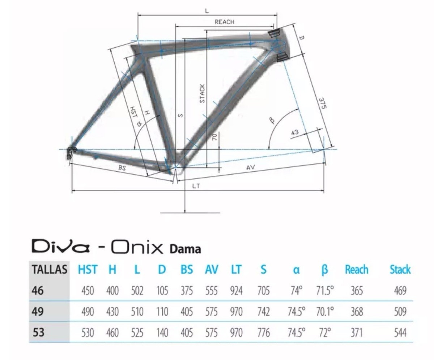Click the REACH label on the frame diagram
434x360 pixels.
click(x=224, y=22)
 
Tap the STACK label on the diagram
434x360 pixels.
click(x=202, y=94)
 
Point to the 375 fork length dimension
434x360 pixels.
click(x=323, y=103)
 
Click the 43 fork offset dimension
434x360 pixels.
click(x=295, y=132)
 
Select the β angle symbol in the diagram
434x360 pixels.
click(x=272, y=120)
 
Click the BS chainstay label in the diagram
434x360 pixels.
click(x=122, y=167)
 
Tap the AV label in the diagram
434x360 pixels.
click(x=251, y=167)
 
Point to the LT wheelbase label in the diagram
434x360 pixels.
click(x=196, y=186)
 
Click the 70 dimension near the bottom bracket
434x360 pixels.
click(x=215, y=137)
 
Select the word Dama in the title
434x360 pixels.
click(x=185, y=249)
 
